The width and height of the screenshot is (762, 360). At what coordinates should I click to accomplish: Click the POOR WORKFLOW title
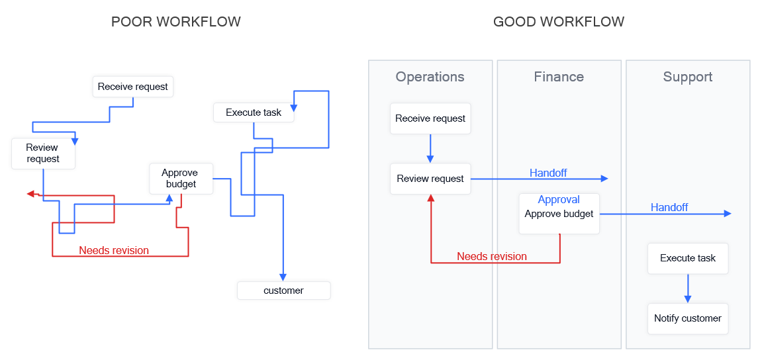coord(175,22)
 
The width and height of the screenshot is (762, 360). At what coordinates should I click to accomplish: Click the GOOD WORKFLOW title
coord(558,22)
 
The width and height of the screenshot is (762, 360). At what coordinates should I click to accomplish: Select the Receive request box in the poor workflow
coord(132,87)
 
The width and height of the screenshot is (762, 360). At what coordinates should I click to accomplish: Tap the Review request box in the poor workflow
coord(42,153)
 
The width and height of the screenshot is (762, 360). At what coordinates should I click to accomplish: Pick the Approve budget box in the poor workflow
coord(181,179)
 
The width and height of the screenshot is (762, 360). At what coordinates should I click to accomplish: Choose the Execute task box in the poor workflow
coord(253,112)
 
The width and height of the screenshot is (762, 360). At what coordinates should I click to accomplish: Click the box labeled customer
coord(283,291)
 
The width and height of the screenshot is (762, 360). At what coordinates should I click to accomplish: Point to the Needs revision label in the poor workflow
coord(114,251)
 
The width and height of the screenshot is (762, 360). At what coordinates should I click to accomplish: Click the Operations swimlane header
coord(430,77)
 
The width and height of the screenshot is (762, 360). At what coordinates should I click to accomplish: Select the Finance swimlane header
coord(559,77)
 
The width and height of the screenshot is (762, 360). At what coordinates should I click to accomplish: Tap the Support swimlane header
coord(687,77)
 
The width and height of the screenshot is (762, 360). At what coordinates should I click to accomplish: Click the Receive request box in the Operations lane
coord(430,118)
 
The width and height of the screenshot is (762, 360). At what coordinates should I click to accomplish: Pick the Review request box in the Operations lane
coord(430,179)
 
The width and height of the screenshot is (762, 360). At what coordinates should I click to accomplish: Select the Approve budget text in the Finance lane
coord(559,214)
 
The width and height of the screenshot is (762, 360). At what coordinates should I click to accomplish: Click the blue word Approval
coord(559,200)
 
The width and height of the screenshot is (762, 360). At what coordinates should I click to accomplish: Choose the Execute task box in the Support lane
coord(687,258)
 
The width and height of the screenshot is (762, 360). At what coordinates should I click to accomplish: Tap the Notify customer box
coord(687,318)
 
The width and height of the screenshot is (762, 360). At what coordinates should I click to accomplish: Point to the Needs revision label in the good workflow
coord(492,257)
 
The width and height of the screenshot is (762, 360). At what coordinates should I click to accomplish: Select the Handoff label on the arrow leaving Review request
coord(548,173)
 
